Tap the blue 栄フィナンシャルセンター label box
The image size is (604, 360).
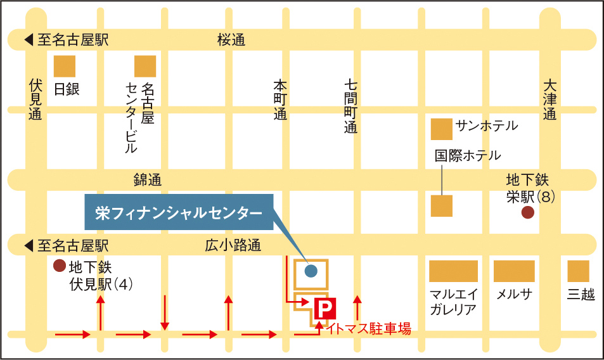[179, 213]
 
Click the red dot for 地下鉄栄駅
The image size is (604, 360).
[527, 213]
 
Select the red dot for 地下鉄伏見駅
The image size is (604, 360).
[59, 265]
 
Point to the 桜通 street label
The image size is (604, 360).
[231, 41]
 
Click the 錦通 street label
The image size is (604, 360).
[148, 180]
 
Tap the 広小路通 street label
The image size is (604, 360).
[233, 246]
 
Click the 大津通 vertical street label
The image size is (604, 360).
[549, 100]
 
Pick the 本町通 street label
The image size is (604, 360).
[280, 100]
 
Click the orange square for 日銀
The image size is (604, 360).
[64, 67]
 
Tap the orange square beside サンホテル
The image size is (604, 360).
[442, 129]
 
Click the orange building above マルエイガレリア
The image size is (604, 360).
[453, 271]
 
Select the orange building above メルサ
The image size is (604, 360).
[514, 271]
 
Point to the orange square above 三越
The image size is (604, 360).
[578, 271]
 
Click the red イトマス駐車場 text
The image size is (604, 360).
[369, 328]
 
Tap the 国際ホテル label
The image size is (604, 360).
[468, 155]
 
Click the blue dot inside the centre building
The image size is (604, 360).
[311, 271]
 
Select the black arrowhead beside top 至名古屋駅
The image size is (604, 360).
[29, 41]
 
